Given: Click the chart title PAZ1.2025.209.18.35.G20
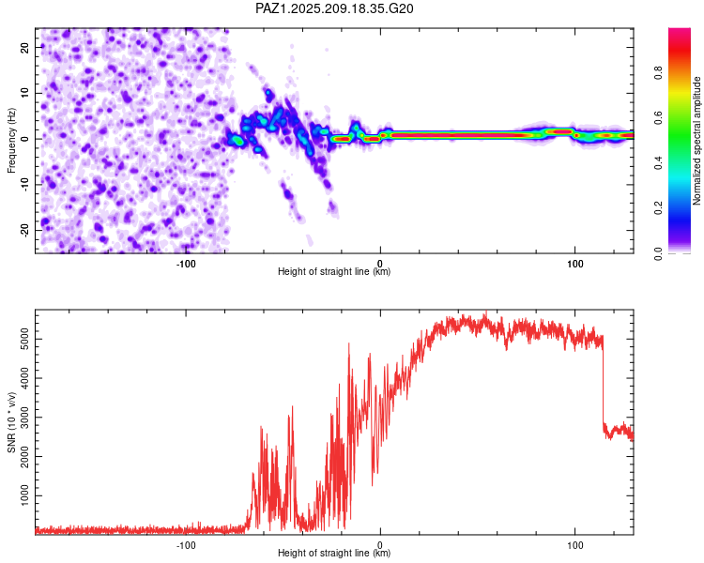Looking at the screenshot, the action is (x=334, y=8).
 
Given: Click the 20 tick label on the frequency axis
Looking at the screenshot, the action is (x=25, y=47).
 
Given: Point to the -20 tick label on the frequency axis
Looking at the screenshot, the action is (x=25, y=230).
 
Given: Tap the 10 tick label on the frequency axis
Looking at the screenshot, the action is (x=25, y=93).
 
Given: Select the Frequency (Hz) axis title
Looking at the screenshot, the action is (x=11, y=141).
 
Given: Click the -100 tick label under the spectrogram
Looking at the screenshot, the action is (x=186, y=264).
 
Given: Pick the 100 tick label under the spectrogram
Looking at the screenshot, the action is (x=574, y=264).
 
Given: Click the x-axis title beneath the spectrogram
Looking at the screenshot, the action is (x=334, y=271).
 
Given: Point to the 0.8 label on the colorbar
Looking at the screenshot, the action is (x=658, y=72).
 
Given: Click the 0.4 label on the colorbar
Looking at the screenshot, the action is (x=658, y=163).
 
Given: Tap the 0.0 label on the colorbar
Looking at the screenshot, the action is (x=658, y=253).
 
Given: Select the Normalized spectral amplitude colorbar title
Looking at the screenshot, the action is (x=696, y=141).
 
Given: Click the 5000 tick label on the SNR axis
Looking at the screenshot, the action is (x=25, y=340).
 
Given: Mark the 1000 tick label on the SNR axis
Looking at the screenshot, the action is (x=25, y=495).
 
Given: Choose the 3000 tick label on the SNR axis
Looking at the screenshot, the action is (x=25, y=418).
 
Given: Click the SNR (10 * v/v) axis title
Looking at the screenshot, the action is (x=11, y=422).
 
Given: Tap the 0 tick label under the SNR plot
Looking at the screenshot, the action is (x=380, y=545).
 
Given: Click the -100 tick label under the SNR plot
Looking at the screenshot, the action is (x=186, y=545).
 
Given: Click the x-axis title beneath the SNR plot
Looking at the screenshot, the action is (x=334, y=553).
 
